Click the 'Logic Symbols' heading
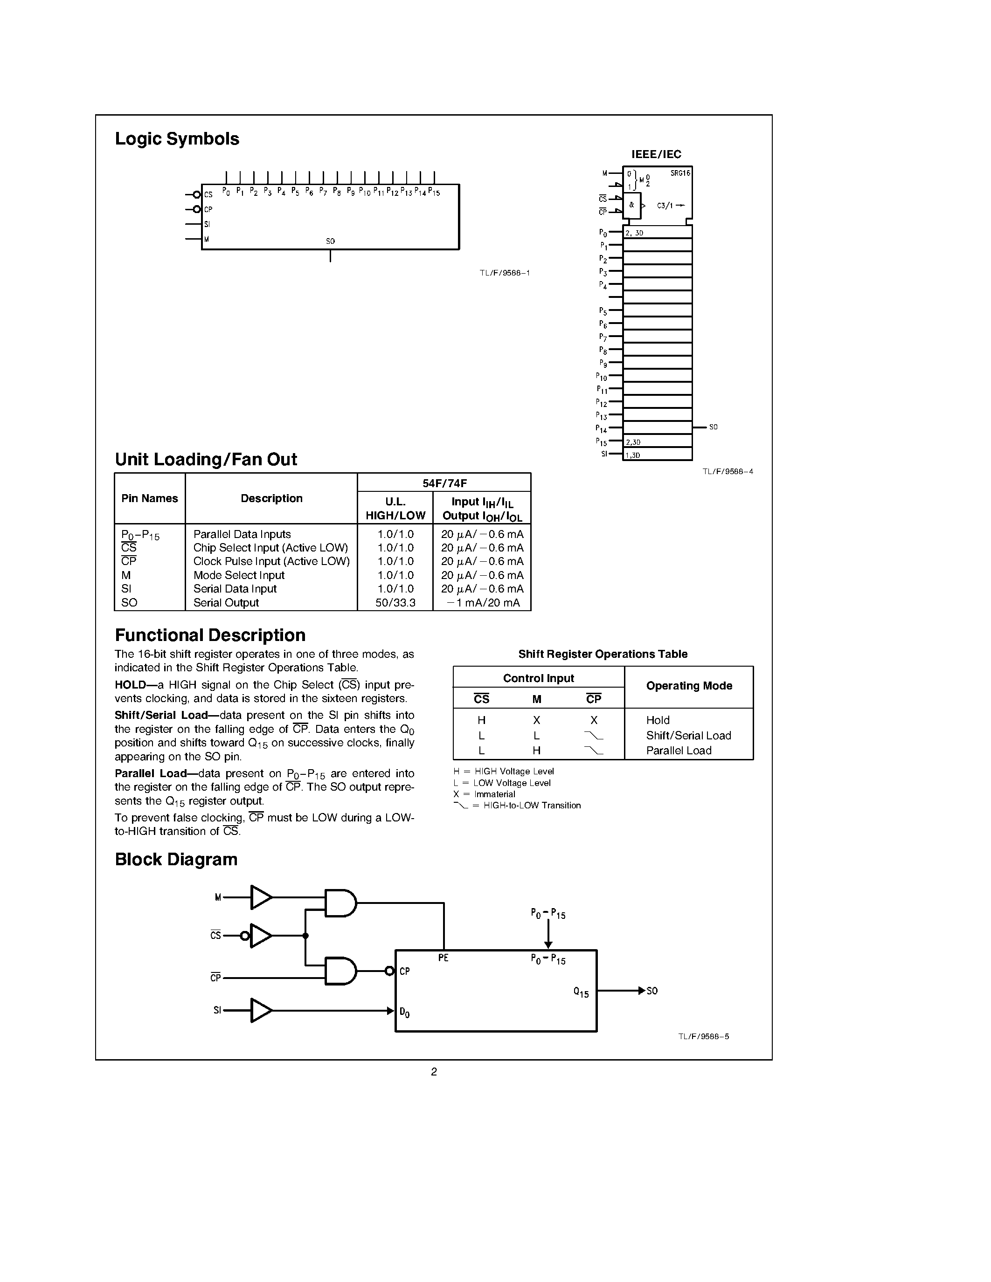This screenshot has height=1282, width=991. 177,139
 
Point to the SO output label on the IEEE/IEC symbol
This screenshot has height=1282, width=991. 714,427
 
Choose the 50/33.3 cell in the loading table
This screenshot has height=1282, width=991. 395,603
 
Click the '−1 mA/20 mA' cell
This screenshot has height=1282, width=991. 483,603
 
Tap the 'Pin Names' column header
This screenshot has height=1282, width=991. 150,498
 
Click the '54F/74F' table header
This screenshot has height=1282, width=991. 444,483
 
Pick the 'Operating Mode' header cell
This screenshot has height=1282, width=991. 689,686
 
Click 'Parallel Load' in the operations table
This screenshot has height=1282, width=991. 679,751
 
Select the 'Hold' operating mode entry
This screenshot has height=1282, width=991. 658,720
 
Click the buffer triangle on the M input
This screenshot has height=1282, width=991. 261,897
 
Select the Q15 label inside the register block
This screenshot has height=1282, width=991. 581,993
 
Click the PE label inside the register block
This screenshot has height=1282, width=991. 443,958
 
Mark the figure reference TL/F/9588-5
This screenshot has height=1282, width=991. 703,1037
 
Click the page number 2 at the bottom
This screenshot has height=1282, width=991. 434,1072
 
